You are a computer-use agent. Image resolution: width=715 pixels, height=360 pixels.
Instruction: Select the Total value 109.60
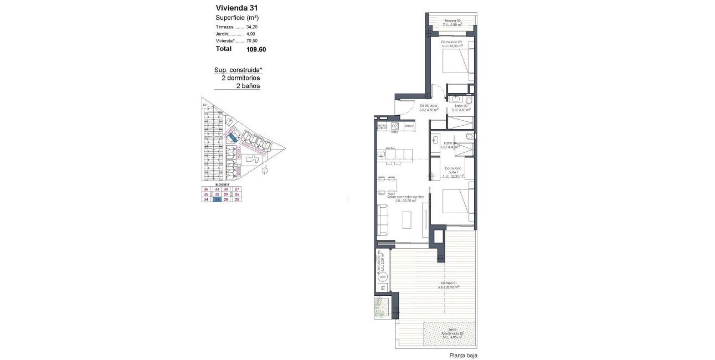click(x=256, y=49)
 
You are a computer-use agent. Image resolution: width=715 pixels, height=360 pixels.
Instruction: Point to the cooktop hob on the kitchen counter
click(x=395, y=126)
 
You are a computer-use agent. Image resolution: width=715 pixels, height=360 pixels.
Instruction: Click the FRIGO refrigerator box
click(x=409, y=126)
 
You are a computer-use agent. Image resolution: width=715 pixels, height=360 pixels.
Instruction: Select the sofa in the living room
click(x=383, y=219)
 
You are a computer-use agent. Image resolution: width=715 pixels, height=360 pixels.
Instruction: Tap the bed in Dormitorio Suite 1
click(x=459, y=207)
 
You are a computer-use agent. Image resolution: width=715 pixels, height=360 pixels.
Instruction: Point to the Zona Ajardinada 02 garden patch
click(x=450, y=335)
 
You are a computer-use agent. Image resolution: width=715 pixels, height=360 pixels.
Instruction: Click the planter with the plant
click(x=381, y=306)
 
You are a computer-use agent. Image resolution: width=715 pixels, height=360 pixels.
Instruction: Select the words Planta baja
click(x=463, y=356)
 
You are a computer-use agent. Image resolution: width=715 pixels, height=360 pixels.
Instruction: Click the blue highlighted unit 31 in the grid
click(x=218, y=200)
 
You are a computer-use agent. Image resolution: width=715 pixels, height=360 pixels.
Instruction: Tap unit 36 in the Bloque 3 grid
click(x=206, y=189)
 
